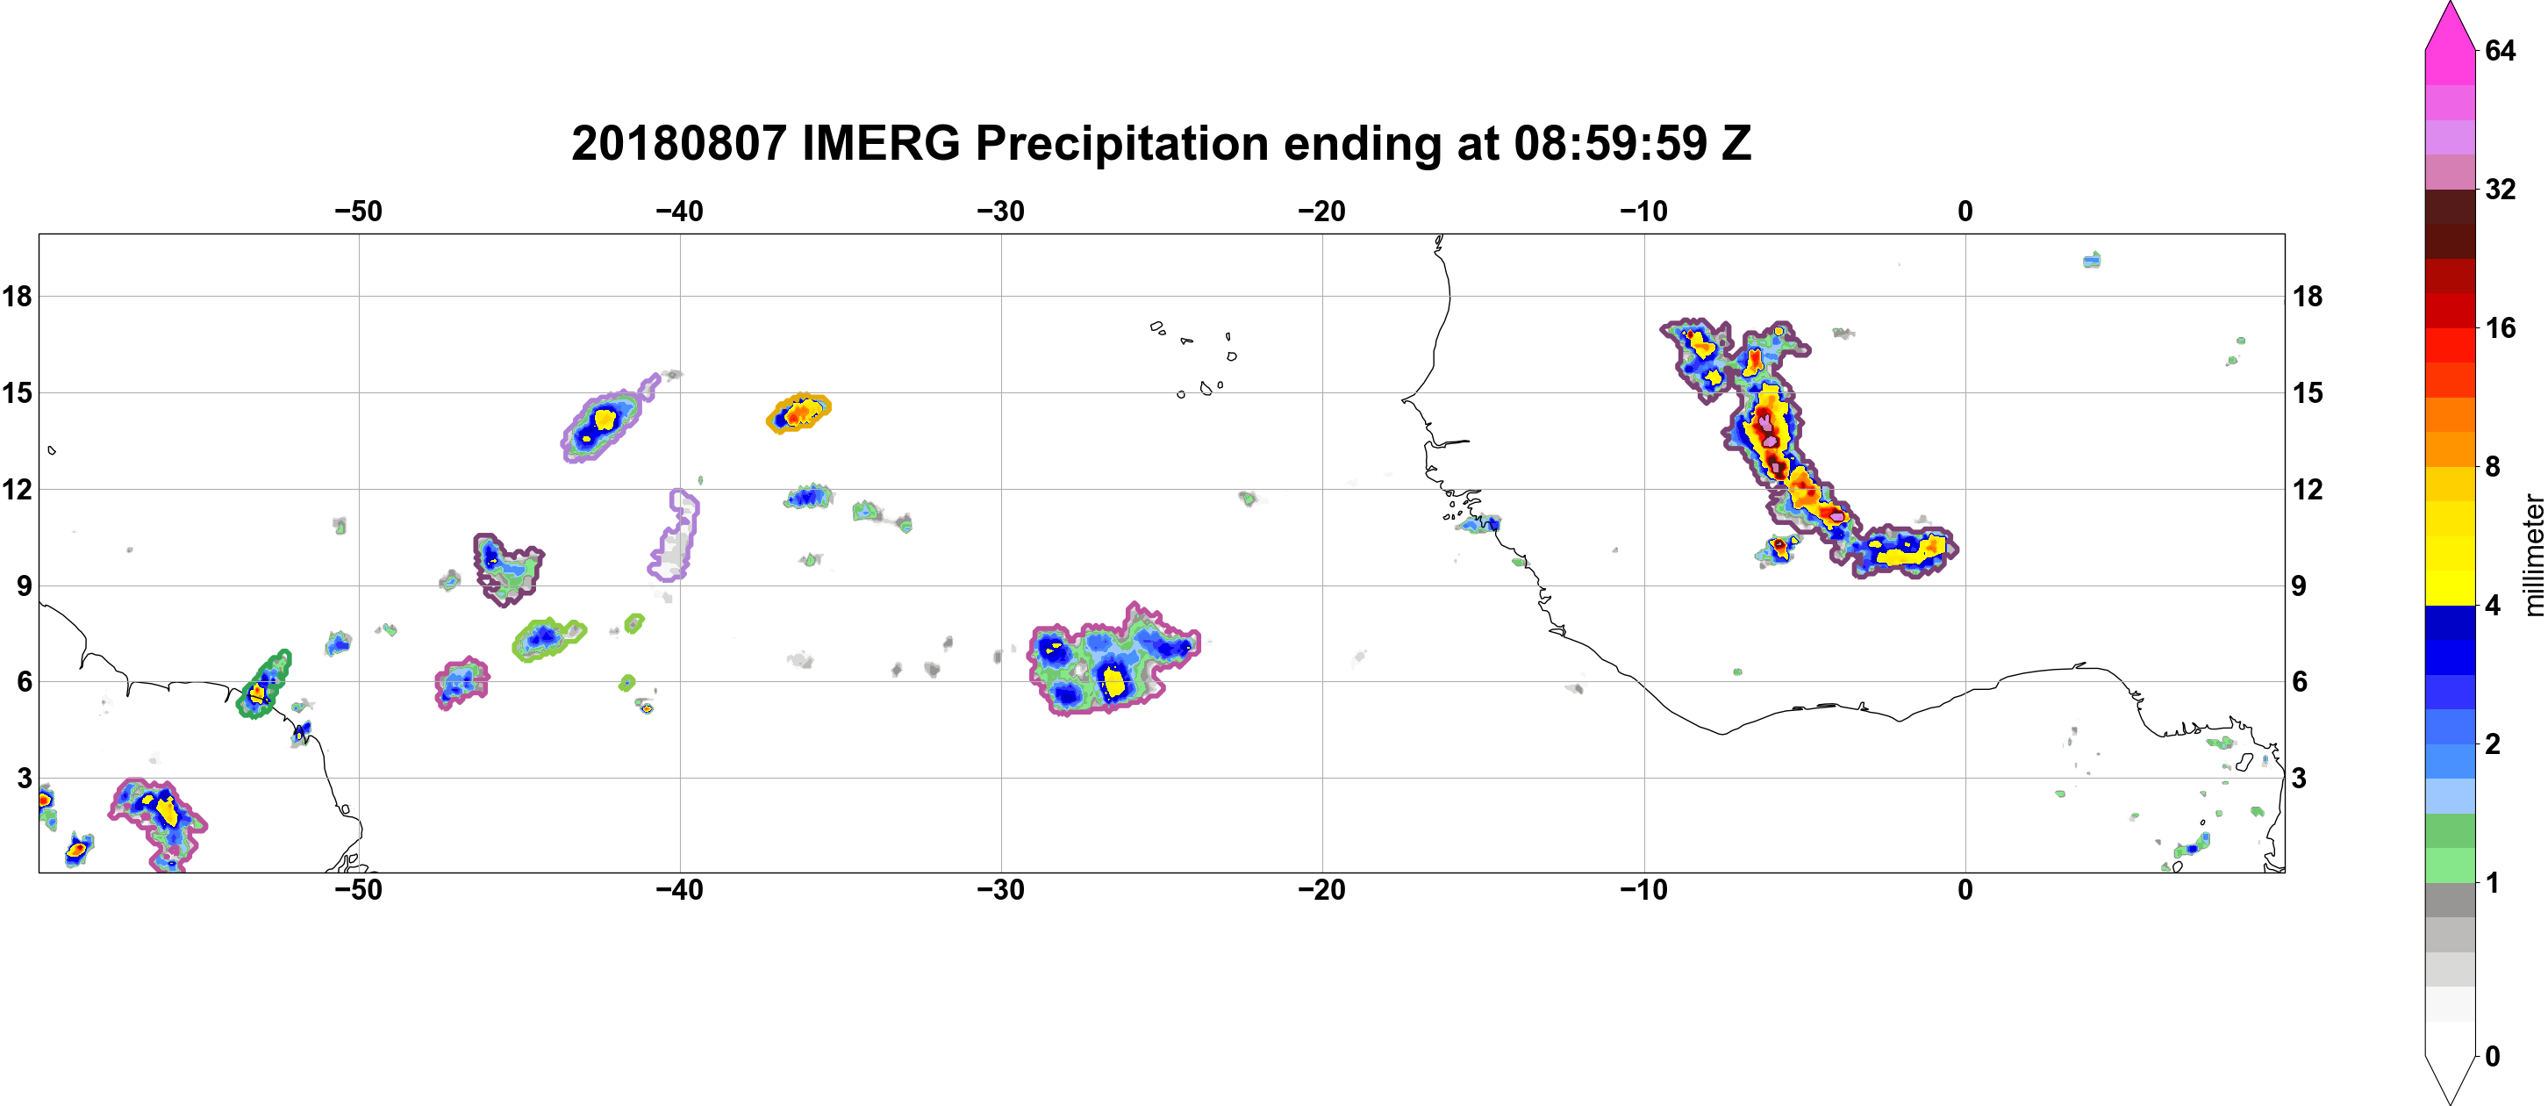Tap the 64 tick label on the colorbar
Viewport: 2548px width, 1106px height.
(2500, 50)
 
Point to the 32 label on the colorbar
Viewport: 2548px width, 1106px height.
(2500, 189)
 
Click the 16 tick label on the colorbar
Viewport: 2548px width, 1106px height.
(2500, 327)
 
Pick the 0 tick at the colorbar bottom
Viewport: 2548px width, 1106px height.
(2493, 1057)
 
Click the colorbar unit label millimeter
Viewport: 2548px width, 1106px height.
(2533, 555)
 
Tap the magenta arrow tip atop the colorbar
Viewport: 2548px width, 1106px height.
(2450, 4)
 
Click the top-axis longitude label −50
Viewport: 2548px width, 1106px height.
(358, 212)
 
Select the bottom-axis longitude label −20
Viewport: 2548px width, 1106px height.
(1322, 890)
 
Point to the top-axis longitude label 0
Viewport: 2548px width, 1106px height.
(1965, 212)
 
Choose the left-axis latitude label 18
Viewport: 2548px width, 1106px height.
(17, 296)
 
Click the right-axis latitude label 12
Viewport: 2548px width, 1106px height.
(2308, 489)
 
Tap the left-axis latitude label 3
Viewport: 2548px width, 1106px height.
(24, 779)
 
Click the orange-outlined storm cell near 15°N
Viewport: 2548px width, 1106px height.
(798, 413)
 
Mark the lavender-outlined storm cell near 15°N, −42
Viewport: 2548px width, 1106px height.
(605, 420)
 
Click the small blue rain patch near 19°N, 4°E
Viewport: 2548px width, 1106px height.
(2092, 260)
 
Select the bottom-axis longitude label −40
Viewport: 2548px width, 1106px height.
(679, 890)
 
